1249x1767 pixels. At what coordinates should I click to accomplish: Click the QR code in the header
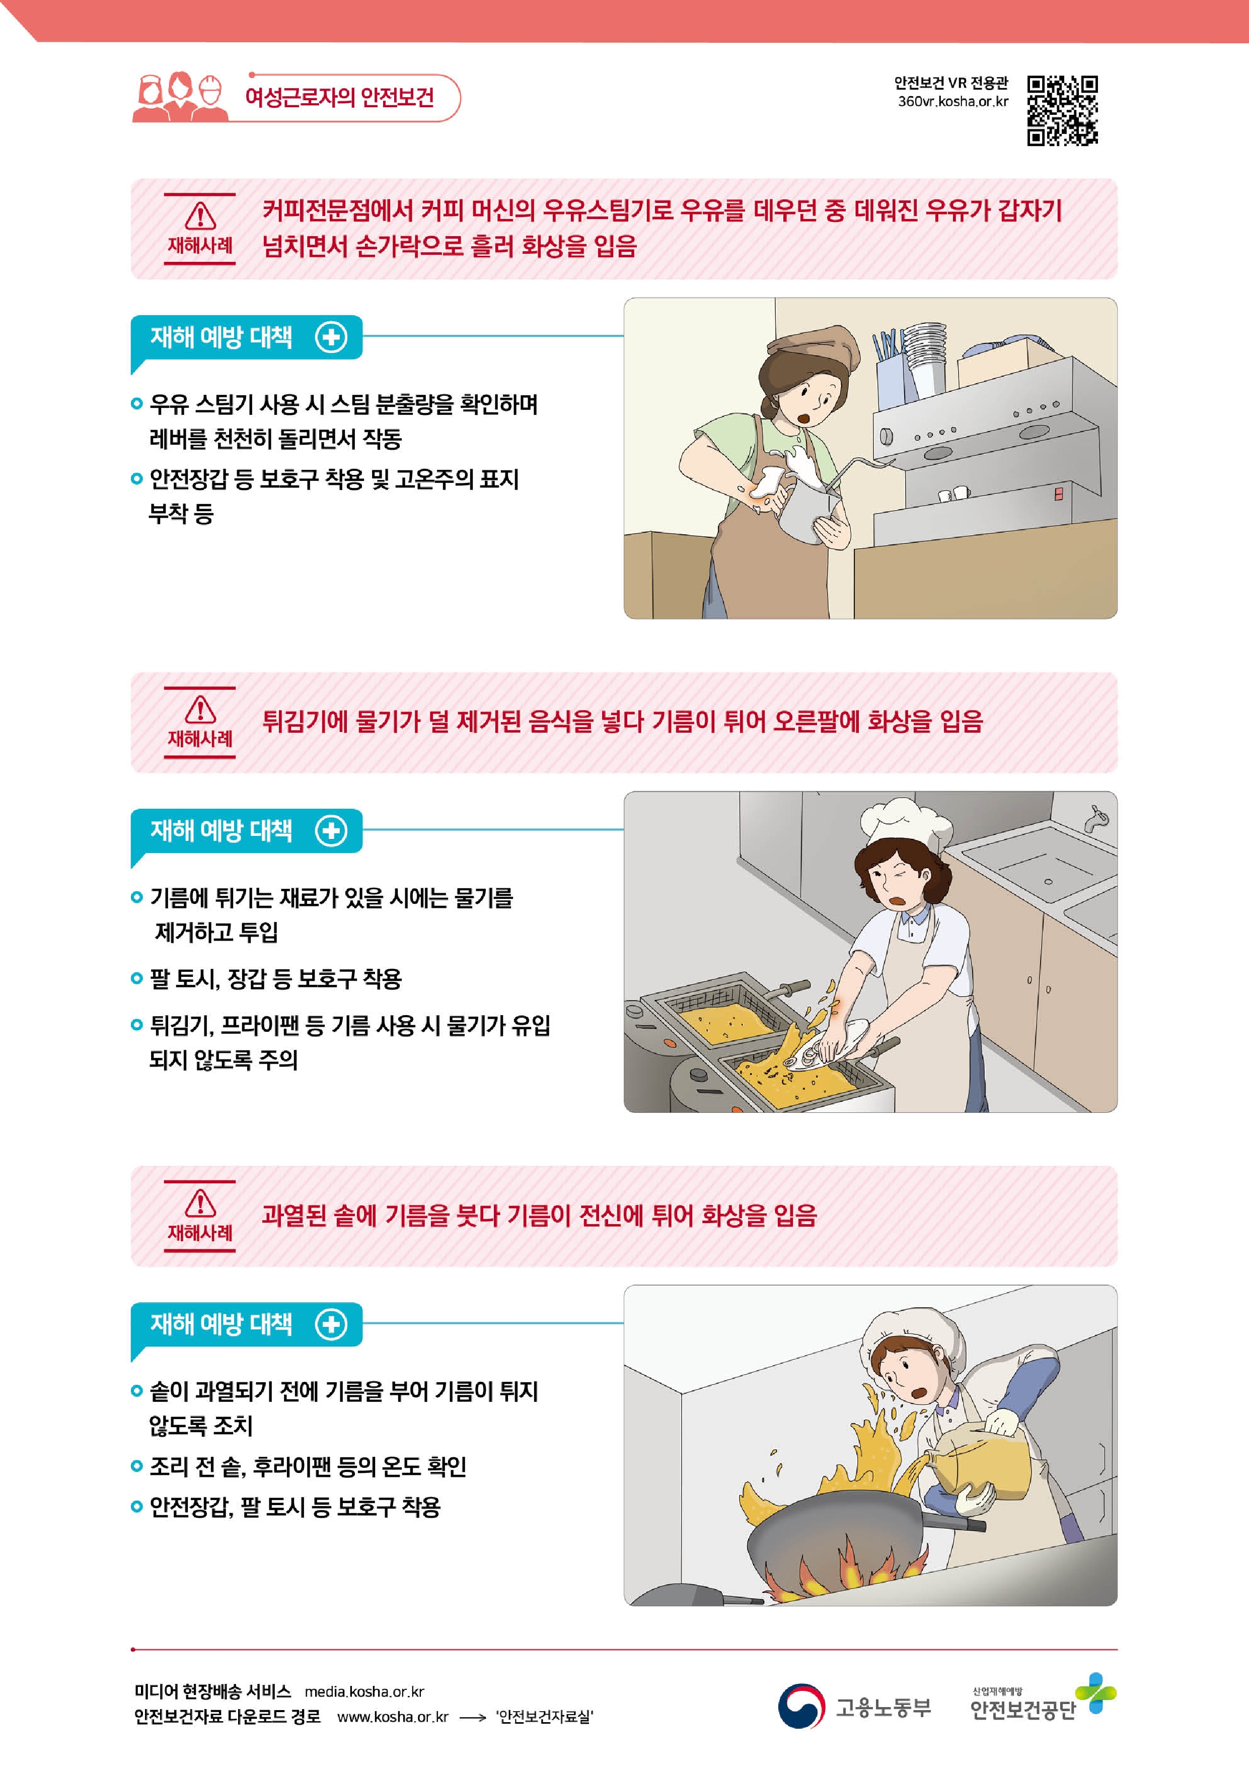(1062, 110)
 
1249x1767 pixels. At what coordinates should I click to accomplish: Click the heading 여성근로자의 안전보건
(339, 97)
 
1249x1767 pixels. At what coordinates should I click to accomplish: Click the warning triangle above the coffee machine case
(200, 216)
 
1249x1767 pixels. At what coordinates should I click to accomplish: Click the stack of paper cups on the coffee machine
(923, 359)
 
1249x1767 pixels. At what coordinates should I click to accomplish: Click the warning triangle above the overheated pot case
(200, 1204)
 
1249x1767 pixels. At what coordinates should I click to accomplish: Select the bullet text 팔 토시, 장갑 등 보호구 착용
(275, 979)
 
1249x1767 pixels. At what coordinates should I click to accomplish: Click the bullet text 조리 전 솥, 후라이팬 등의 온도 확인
(308, 1466)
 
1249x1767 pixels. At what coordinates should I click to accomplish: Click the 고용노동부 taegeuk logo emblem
(801, 1706)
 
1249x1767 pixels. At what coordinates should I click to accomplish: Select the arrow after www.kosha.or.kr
(473, 1717)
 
